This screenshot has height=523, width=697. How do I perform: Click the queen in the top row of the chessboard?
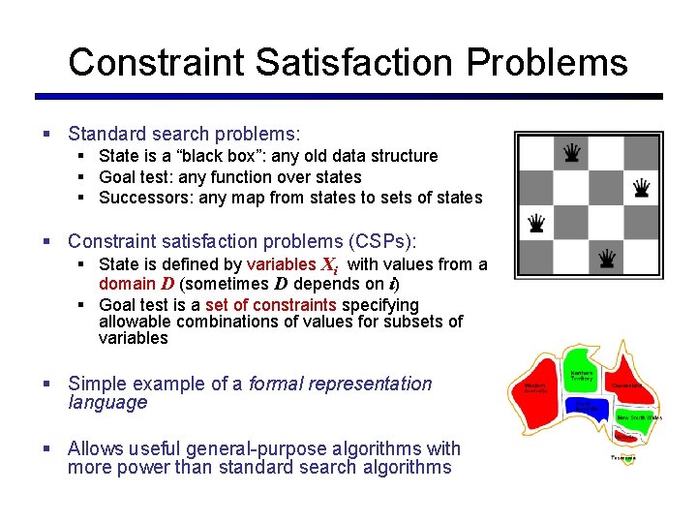[572, 152]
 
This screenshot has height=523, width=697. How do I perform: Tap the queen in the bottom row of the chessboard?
[607, 258]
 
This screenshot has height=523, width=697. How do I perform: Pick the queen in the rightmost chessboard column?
[641, 187]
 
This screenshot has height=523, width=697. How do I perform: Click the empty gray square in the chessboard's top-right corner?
[641, 152]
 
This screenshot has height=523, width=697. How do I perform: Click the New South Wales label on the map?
[640, 417]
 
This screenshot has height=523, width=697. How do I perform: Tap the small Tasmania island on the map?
[624, 458]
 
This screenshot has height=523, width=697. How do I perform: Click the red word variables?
[281, 264]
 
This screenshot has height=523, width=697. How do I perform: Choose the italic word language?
[107, 403]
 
